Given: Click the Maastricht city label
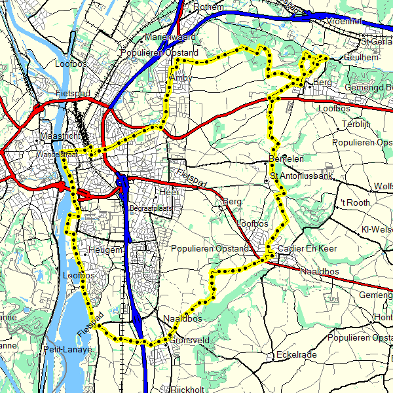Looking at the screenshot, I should [x=60, y=136].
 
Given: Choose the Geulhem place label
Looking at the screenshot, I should [x=360, y=58].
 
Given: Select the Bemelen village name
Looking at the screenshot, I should [x=286, y=159].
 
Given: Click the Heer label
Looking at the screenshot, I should [x=169, y=192].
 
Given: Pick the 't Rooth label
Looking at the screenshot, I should [x=356, y=203].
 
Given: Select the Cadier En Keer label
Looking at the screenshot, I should [x=307, y=249].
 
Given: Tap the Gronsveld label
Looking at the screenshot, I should [x=189, y=341].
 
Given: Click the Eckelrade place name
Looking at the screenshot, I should [x=296, y=354].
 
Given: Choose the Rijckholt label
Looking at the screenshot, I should [x=188, y=389].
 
